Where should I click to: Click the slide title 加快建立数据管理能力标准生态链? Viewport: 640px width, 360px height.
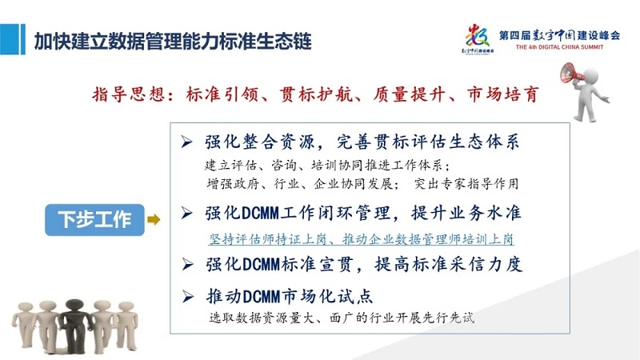[173, 42]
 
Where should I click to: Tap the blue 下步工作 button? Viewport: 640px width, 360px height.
[94, 220]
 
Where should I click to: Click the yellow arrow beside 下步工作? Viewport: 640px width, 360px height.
[154, 220]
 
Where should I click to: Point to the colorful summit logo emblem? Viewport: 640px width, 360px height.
[478, 38]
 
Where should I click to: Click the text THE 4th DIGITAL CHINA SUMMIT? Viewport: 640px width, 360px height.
[559, 47]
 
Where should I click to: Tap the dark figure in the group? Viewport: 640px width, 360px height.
[74, 326]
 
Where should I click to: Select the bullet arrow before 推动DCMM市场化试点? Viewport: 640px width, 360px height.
[188, 296]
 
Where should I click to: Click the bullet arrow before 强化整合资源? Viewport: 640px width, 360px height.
[186, 142]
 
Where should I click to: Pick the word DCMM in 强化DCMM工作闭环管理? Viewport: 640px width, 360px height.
[261, 213]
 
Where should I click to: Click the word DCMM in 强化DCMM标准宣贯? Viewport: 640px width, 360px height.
[261, 265]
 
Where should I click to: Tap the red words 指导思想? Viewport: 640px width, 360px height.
[129, 94]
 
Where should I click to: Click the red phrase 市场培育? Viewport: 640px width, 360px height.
[503, 94]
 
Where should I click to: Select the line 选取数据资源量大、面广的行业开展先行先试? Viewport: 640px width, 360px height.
[342, 318]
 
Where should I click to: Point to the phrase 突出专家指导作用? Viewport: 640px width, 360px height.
[466, 184]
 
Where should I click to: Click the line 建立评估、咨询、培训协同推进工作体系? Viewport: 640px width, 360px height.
[327, 166]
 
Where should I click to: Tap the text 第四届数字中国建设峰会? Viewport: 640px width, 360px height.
[559, 35]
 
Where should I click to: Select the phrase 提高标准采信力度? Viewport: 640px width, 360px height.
[449, 265]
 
